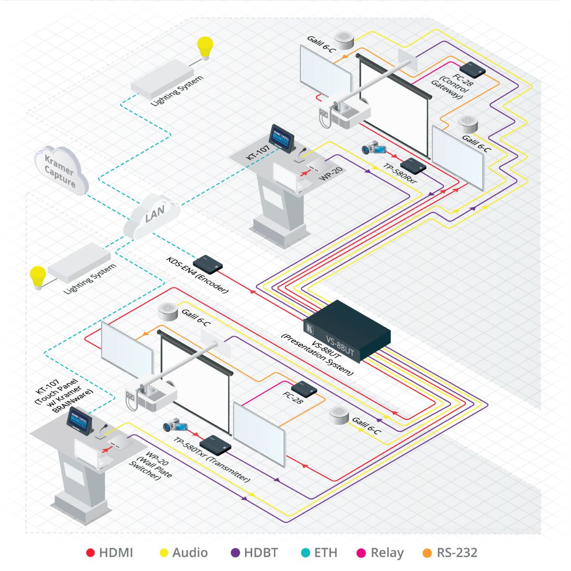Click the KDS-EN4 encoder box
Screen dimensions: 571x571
[209, 262]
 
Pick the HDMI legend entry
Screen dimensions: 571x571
[110, 552]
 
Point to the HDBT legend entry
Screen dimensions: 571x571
[255, 552]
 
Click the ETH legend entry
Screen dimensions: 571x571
[319, 552]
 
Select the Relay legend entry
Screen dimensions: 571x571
[380, 552]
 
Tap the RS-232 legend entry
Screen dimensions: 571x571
[450, 552]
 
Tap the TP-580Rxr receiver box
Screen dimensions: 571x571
[413, 165]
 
